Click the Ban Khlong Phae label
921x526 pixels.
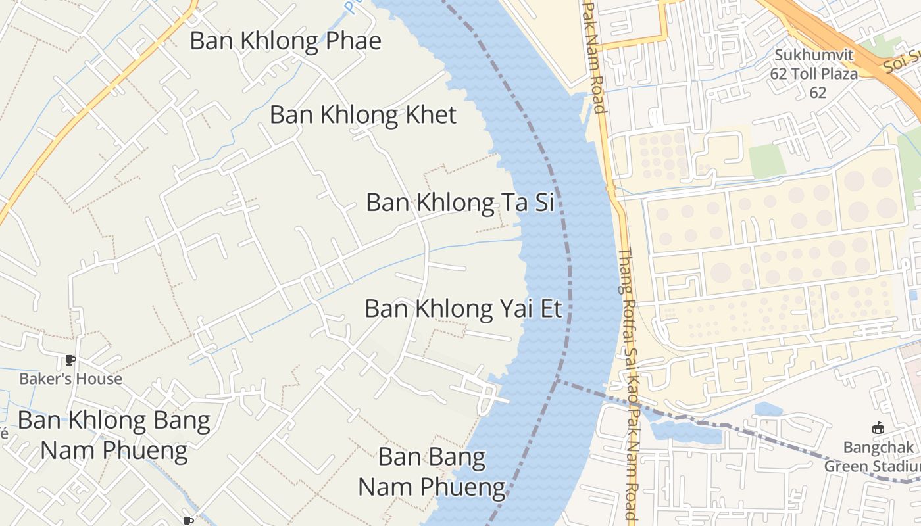(x=285, y=41)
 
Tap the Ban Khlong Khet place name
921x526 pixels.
(x=362, y=115)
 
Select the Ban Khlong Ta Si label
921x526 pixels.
(x=459, y=203)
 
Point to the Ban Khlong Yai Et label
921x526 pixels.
(x=463, y=308)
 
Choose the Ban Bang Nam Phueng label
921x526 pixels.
(x=432, y=472)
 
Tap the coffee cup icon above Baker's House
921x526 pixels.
(x=70, y=360)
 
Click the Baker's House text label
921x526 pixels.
(x=70, y=379)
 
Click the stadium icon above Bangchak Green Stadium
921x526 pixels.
(x=878, y=428)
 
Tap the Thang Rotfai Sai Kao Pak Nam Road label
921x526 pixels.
(x=628, y=381)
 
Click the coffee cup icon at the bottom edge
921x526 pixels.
(x=188, y=521)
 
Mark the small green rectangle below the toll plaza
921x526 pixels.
(x=767, y=160)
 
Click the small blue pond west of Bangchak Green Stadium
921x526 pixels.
(x=768, y=410)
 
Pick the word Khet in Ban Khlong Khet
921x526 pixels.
(x=430, y=115)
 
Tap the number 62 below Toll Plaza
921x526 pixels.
(x=818, y=93)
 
